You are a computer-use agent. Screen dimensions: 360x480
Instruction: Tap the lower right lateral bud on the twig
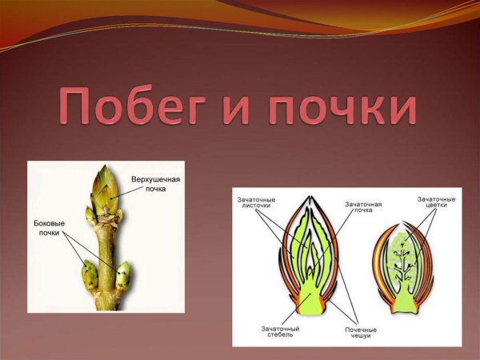coord(123,276)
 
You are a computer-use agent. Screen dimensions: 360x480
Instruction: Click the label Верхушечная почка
coord(155,186)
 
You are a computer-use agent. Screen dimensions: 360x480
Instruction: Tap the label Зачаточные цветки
coord(437,202)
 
